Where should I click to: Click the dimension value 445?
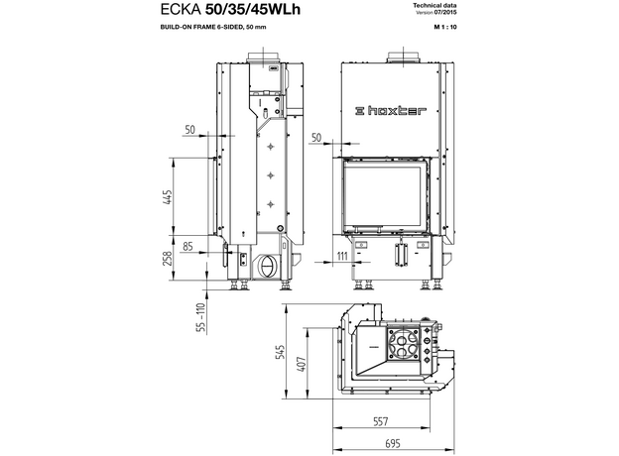click(168, 197)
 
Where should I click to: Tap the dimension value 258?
click(168, 259)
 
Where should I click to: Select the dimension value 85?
click(187, 247)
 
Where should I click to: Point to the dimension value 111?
click(342, 256)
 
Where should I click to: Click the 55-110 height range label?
click(201, 317)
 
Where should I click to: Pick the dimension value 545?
click(280, 352)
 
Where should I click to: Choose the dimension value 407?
click(302, 365)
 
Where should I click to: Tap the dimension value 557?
click(381, 421)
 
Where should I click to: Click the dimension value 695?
click(393, 444)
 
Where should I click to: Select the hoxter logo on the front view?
click(391, 111)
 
